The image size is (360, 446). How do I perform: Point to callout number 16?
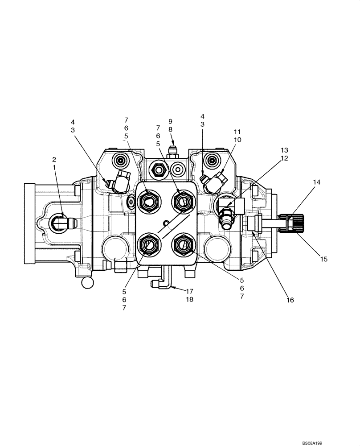290,300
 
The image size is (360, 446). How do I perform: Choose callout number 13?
285,149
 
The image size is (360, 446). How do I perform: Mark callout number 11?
237,132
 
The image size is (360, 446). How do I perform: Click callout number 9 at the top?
170,121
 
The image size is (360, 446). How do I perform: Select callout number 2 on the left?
54,159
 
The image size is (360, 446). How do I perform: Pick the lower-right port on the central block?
182,244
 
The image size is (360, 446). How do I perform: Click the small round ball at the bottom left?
87,282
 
